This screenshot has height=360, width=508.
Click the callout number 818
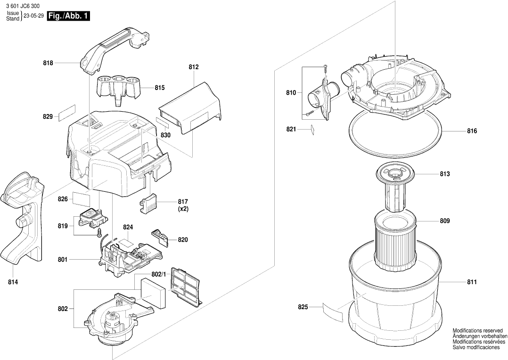[48, 63]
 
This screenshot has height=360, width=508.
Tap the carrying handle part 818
[114, 49]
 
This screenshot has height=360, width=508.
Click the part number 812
[193, 67]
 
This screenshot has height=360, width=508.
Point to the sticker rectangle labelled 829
[67, 113]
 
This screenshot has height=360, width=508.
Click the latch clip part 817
[148, 204]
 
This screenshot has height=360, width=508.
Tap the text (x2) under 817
[183, 209]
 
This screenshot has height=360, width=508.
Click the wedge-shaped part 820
[160, 236]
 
